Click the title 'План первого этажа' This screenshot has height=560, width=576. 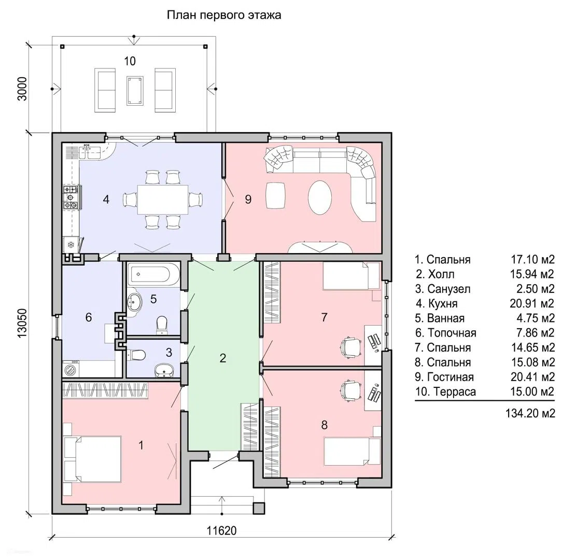click(224, 15)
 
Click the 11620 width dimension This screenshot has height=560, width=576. click(221, 530)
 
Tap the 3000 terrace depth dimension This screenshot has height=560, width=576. click(22, 89)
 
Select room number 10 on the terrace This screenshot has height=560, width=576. click(130, 61)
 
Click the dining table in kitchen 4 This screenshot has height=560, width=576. click(163, 200)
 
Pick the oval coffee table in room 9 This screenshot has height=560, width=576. click(319, 198)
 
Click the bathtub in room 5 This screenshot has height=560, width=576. click(153, 274)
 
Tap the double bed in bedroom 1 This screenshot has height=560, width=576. click(92, 459)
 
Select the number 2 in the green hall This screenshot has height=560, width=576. click(222, 358)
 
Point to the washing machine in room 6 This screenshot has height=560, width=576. click(71, 369)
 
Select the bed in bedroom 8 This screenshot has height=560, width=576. click(352, 451)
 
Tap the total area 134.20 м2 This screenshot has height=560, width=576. click(530, 413)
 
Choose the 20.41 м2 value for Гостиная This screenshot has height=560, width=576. click(532, 376)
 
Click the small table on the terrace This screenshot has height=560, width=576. click(135, 90)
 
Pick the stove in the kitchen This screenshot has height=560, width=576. click(71, 198)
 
